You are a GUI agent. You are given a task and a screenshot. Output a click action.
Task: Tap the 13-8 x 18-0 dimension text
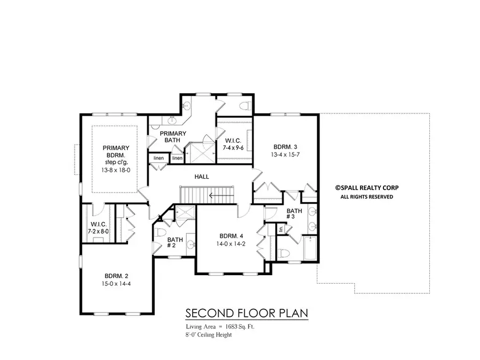coord(116,170)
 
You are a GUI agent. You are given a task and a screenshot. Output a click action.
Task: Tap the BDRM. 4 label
coord(232,236)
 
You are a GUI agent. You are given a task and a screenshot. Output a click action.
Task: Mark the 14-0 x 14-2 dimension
coord(232,244)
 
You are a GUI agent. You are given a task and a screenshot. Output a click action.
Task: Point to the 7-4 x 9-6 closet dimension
coord(234,149)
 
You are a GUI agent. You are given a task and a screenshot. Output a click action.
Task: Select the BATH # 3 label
coord(294,214)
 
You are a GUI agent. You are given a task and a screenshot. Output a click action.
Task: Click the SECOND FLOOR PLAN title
coord(246,313)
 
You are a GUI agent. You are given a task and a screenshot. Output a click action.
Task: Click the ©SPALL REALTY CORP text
coord(366,188)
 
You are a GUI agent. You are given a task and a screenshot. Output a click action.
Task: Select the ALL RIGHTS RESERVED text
coord(366,197)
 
